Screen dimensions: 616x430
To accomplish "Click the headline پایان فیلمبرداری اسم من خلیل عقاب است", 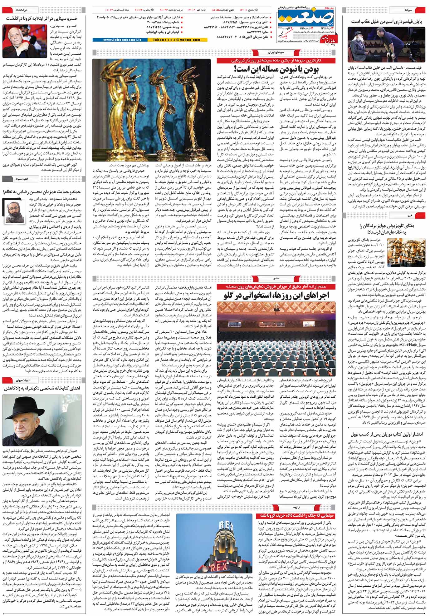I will coord(386,22).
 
